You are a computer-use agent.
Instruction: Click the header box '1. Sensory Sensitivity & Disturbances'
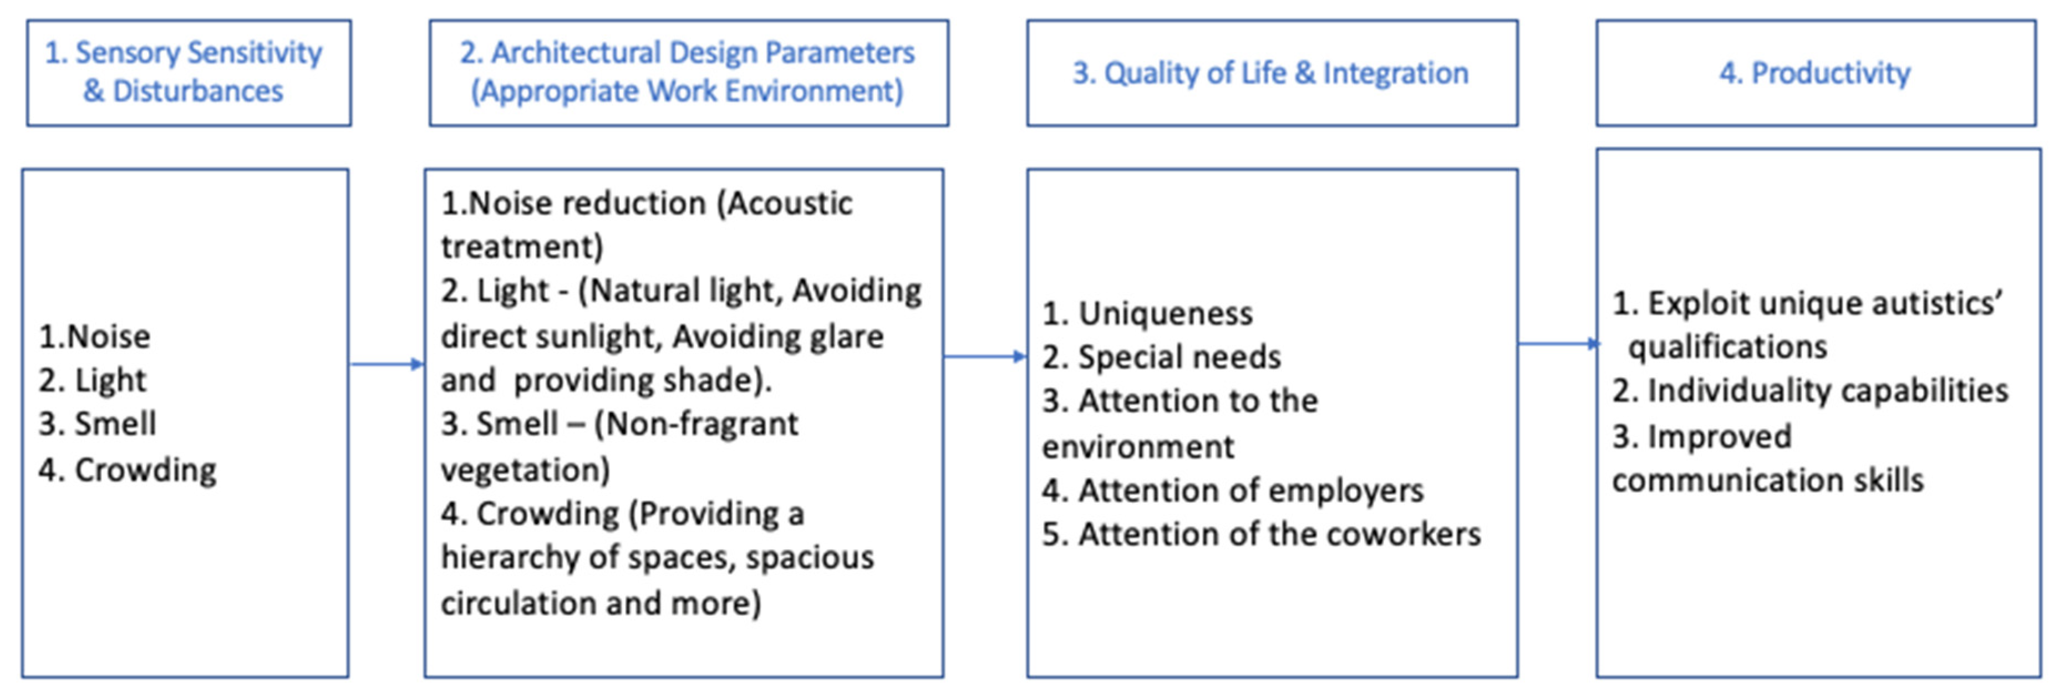coord(189,73)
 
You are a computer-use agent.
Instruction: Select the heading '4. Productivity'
coord(1815,73)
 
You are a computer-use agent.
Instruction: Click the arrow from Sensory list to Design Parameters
coord(387,365)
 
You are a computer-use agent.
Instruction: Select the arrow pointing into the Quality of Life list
coord(985,356)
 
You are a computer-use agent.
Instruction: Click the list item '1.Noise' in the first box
coord(94,337)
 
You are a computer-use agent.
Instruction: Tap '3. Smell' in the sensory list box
coord(98,423)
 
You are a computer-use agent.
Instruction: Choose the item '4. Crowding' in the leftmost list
coord(128,470)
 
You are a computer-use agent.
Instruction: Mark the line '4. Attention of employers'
coord(1233,490)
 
